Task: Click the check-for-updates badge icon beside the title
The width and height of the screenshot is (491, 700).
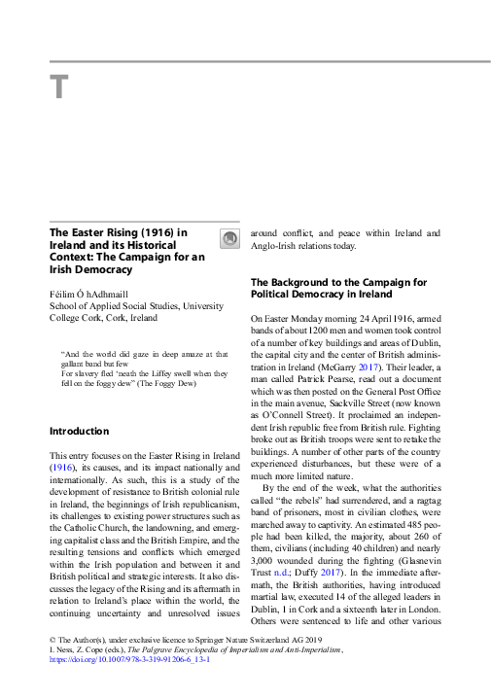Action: [x=229, y=239]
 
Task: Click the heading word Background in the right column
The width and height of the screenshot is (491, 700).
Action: [x=309, y=283]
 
